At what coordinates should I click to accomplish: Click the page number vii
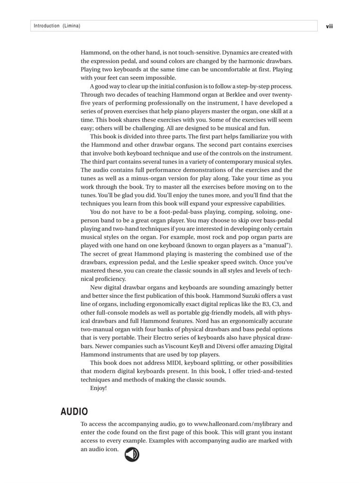(329, 26)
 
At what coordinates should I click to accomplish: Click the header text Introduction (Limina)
(57, 26)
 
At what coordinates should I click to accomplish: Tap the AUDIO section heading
(74, 412)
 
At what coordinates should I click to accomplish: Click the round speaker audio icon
(132, 454)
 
